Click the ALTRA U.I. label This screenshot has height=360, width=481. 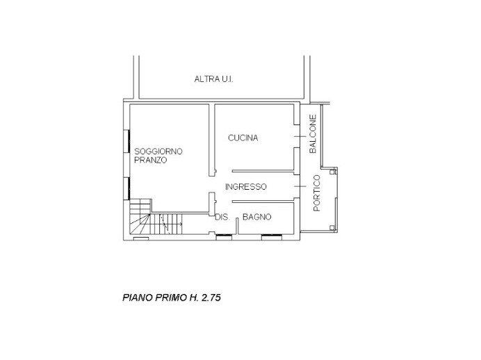click(x=213, y=79)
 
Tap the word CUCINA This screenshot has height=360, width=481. click(x=243, y=138)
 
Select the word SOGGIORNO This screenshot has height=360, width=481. click(x=158, y=151)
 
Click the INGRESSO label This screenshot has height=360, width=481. click(x=245, y=186)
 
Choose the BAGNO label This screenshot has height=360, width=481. click(x=256, y=218)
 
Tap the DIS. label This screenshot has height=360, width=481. click(x=222, y=218)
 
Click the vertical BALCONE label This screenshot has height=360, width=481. click(x=313, y=134)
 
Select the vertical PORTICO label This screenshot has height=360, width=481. click(x=317, y=193)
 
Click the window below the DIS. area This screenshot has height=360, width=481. click(x=224, y=238)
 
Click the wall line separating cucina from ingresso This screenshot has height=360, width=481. click(x=262, y=171)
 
